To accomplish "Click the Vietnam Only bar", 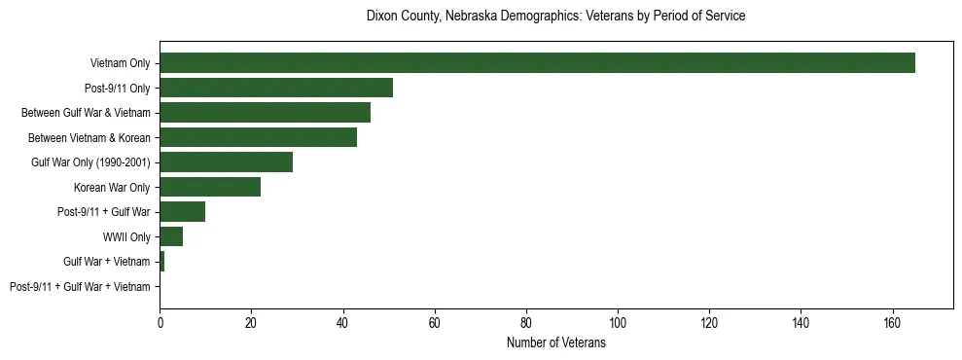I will pos(537,63).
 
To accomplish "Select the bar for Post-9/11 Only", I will pos(276,88).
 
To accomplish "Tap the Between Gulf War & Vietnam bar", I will pos(265,113).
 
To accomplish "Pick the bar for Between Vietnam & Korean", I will pos(258,137).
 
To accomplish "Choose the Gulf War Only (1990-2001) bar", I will pos(226,162).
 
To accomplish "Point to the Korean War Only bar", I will pos(210,187).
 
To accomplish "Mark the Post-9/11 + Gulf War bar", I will pos(182,211).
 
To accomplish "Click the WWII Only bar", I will pos(171,236).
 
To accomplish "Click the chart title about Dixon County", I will pos(555,17).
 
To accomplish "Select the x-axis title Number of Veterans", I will pos(555,343).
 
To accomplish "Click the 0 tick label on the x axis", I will pos(160,323).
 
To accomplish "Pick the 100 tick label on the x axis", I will pos(618,323).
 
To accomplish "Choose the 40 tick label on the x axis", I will pos(343,323).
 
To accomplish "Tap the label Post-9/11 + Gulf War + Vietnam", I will pos(80,286).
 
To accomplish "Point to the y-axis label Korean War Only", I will pos(112,187).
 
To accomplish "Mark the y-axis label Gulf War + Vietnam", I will pos(107,261).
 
